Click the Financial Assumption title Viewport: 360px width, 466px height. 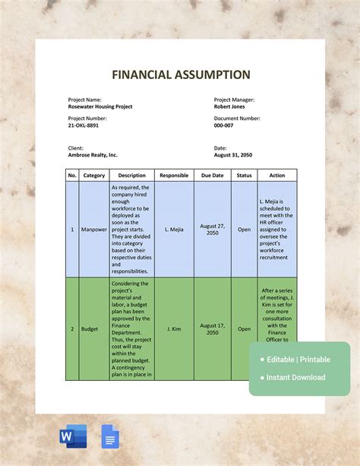(181, 74)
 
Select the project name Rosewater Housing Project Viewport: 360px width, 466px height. (100, 107)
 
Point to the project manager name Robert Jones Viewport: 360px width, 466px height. (234, 107)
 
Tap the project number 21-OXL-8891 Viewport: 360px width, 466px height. (84, 125)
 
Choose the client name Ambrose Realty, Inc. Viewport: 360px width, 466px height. (93, 155)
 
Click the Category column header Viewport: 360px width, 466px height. (94, 176)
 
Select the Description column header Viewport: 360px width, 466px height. (131, 176)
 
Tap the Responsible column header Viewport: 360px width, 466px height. (174, 176)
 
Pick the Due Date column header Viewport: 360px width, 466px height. (213, 176)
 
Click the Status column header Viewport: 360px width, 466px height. (244, 176)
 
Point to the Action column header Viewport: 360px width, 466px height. (277, 176)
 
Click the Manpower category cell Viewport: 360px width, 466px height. (94, 229)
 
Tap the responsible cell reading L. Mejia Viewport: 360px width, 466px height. (174, 229)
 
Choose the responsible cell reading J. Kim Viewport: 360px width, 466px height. (174, 329)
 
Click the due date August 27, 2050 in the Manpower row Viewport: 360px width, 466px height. (213, 229)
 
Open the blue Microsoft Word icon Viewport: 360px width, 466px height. (73, 437)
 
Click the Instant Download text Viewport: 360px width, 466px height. (296, 377)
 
